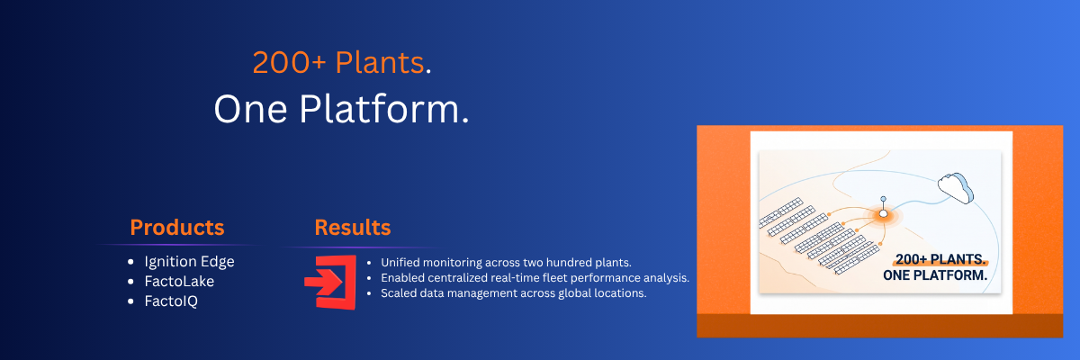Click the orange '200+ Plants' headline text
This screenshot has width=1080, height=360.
338,63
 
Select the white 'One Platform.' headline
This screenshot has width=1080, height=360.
341,110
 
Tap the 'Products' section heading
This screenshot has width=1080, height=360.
177,228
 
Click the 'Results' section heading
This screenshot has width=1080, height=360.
353,228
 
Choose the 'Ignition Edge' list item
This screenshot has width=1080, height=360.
190,262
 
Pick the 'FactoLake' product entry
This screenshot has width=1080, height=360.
179,282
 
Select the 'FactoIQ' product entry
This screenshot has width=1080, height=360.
171,301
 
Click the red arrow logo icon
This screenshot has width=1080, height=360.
331,283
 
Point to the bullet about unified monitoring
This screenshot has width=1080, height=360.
506,263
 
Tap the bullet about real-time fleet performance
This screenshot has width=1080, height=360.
535,278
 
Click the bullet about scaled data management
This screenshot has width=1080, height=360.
514,293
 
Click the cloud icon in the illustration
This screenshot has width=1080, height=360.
955,188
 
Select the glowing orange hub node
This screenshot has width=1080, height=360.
883,213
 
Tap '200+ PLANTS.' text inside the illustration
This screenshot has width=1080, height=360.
940,259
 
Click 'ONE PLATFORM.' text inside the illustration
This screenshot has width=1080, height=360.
935,275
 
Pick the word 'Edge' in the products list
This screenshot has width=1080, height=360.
218,262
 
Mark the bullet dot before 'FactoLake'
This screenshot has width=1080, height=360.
130,282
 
